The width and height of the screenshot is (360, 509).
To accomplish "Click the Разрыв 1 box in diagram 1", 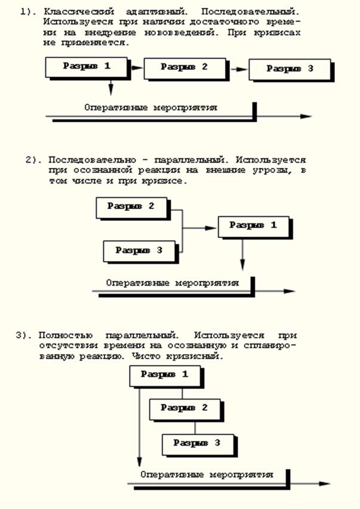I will (x=87, y=66).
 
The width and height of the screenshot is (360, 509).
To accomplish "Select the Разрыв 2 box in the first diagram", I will (x=184, y=67).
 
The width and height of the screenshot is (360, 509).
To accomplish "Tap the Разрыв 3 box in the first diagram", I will (x=290, y=69).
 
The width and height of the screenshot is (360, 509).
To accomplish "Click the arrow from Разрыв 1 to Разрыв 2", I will (x=137, y=68).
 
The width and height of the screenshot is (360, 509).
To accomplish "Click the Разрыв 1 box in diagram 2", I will (x=253, y=226).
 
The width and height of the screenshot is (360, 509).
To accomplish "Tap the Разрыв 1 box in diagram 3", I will (x=164, y=375).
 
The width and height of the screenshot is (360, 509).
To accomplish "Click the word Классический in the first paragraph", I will (x=73, y=11).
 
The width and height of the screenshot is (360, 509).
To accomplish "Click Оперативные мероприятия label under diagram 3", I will (x=207, y=474).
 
